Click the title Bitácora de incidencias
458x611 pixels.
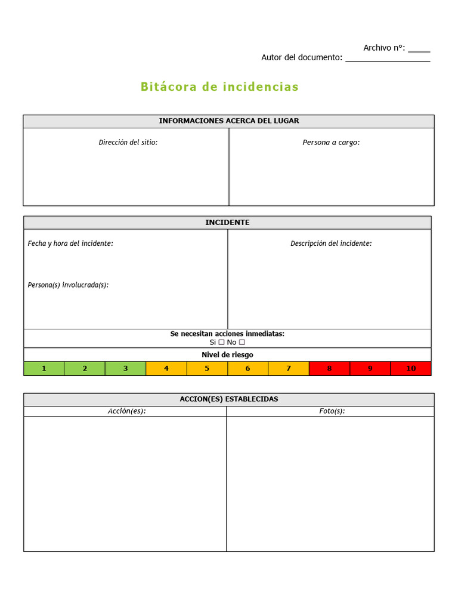219,87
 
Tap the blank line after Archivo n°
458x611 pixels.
419,50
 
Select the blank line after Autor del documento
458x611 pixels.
388,59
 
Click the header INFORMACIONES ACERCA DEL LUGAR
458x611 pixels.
229,121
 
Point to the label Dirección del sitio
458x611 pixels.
128,143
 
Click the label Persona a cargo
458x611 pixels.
331,143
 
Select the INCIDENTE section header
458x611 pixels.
227,223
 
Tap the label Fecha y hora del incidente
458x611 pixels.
70,243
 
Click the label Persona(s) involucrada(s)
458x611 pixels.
68,285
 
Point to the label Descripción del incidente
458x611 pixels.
331,243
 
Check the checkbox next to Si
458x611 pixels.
221,342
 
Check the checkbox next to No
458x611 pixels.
242,342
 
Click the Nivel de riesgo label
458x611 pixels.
227,355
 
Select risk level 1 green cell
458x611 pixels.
44,369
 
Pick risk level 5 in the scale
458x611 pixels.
207,369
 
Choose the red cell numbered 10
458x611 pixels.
411,369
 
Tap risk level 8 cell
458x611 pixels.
329,369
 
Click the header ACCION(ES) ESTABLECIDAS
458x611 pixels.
229,399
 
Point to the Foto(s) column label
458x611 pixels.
332,411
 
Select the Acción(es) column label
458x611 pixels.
126,411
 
